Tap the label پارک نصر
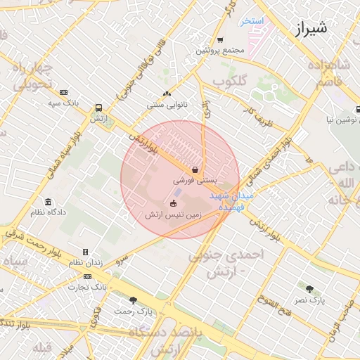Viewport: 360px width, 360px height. (x=309, y=300)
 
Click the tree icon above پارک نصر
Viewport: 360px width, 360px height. (x=309, y=288)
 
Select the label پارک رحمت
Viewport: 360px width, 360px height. (x=134, y=311)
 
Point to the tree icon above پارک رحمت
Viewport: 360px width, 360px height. (x=133, y=300)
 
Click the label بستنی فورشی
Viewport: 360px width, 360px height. (x=194, y=181)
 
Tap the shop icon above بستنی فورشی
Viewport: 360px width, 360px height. (x=195, y=169)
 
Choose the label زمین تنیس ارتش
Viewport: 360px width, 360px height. (x=173, y=214)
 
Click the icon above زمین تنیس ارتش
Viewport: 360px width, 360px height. (x=173, y=204)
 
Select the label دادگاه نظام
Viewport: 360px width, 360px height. (x=48, y=212)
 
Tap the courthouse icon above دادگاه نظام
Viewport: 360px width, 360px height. (x=48, y=201)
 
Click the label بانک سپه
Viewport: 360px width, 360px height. (x=62, y=103)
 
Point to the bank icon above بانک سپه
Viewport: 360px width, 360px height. (x=63, y=92)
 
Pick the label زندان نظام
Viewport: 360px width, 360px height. (x=85, y=262)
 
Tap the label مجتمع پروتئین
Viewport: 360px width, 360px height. (x=219, y=51)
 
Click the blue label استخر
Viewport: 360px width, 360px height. (x=252, y=21)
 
